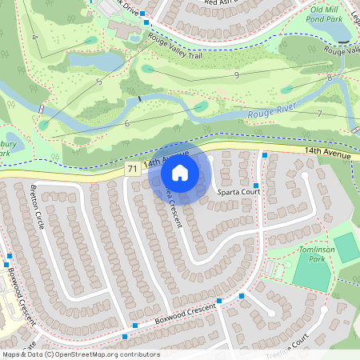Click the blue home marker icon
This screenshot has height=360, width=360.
180,173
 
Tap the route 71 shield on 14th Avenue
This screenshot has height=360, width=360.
131,169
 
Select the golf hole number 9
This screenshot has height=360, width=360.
237,75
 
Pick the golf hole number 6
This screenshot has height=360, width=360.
126,122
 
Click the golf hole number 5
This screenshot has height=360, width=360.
98,82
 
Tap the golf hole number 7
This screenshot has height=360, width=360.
319,114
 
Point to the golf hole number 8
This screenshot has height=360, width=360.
330,77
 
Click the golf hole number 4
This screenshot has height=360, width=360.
34,38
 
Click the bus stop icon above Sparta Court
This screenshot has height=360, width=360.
264,155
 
